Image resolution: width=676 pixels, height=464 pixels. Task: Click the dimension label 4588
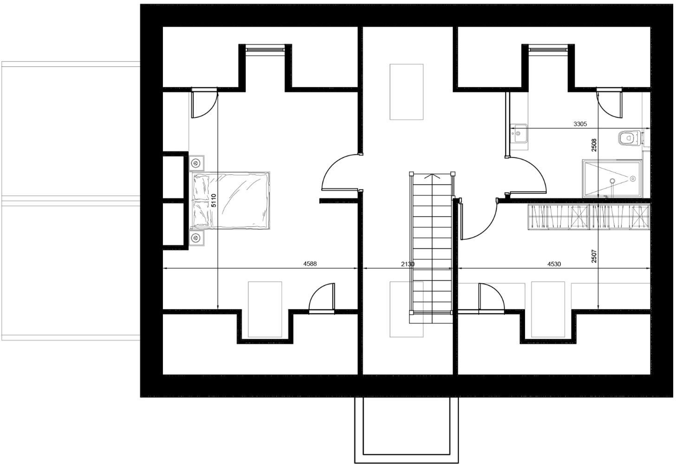tap(310, 264)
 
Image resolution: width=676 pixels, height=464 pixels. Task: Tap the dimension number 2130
tap(407, 264)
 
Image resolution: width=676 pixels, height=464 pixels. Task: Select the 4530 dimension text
tap(554, 264)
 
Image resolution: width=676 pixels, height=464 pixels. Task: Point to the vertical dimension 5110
tap(214, 200)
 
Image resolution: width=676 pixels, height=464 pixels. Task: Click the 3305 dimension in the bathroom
tap(580, 124)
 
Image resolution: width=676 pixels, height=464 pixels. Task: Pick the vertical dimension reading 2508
tap(594, 145)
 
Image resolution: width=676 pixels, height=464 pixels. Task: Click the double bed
tap(231, 200)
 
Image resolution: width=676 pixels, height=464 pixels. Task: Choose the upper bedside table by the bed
tap(196, 163)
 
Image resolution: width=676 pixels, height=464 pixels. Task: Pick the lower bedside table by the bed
tap(196, 238)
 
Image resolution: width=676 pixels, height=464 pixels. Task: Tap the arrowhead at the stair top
tap(432, 176)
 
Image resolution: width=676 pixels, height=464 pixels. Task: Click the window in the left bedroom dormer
tap(265, 48)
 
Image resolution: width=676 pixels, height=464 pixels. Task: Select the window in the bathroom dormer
tap(548, 48)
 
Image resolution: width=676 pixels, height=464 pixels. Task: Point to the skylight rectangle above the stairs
tap(406, 92)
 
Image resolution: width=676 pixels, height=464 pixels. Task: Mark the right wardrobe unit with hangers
tap(618, 217)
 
